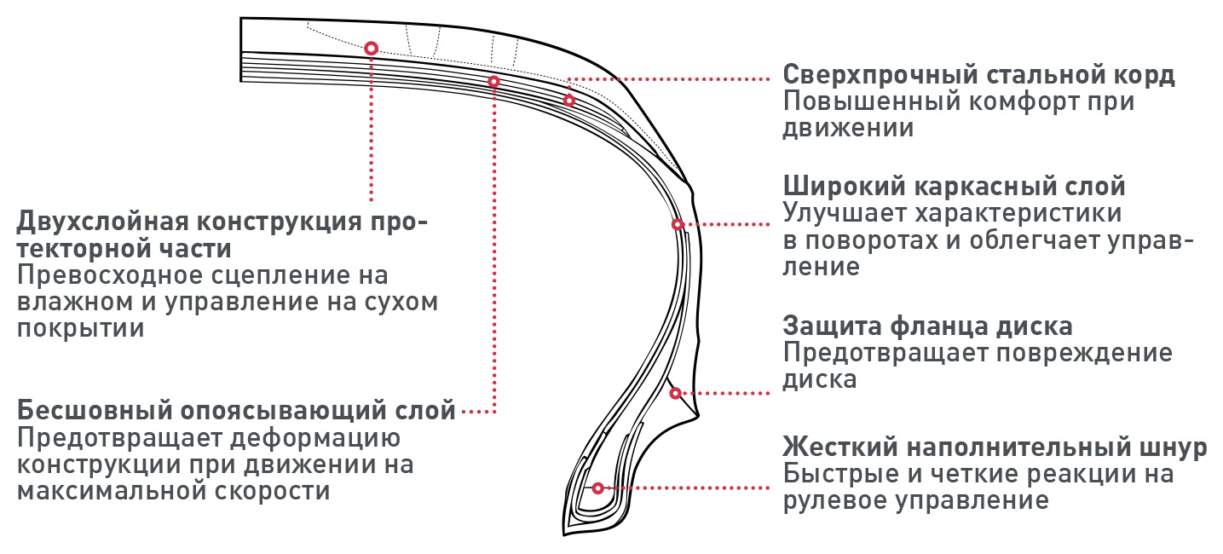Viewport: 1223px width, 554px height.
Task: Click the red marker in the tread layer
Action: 372,49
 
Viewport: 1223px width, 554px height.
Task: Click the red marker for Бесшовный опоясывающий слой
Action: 493,81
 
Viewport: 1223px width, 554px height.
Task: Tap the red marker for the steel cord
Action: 569,101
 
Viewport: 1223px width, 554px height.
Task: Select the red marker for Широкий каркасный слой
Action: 677,224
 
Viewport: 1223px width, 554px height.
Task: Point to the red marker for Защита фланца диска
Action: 675,393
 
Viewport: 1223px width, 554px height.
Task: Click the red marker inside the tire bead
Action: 597,488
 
